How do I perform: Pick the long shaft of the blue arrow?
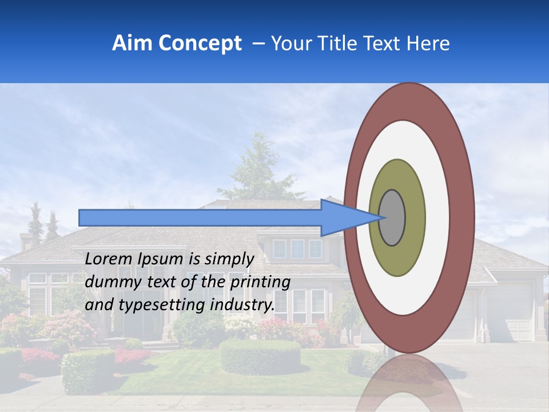click(x=200, y=217)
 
